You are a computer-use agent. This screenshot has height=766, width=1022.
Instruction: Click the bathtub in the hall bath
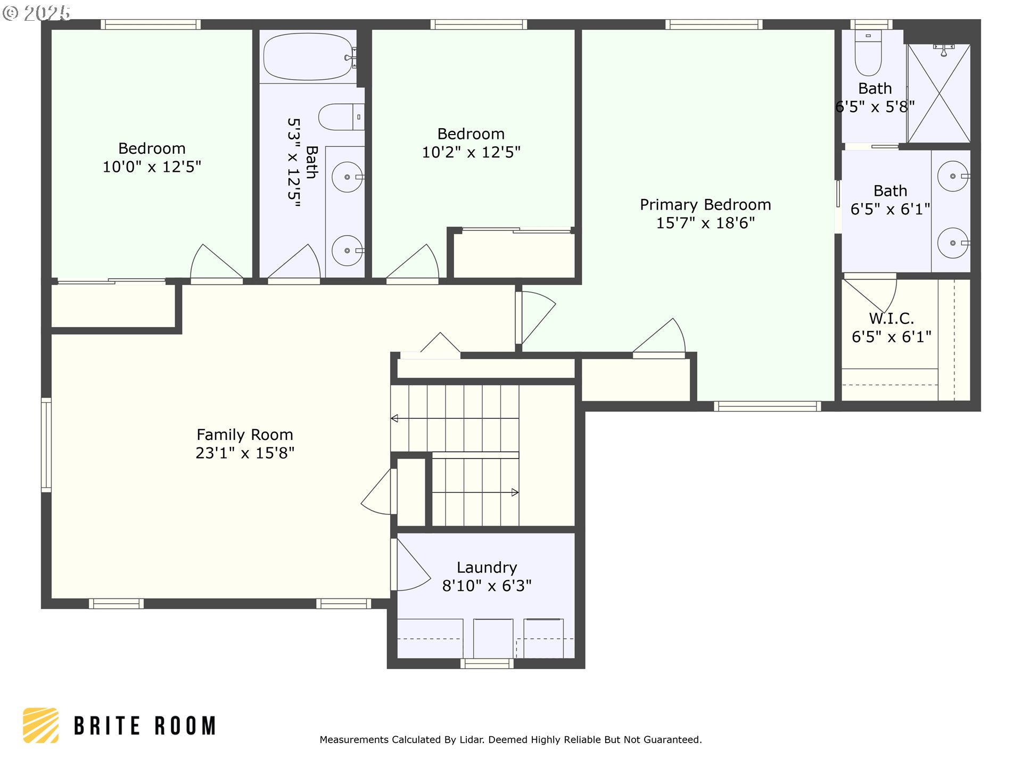308,56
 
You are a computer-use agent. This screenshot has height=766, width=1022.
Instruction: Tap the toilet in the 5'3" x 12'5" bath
341,117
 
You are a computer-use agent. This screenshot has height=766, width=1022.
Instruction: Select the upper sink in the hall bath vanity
348,177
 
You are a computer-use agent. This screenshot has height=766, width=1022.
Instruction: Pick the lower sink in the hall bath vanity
348,250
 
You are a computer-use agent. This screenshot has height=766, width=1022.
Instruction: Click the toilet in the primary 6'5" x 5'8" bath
868,53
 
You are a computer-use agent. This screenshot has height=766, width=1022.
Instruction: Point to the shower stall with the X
939,93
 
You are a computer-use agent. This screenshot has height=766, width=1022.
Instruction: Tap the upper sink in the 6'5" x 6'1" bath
953,176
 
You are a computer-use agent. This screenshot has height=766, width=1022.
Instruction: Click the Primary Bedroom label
705,205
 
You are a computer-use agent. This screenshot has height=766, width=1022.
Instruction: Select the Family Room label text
245,435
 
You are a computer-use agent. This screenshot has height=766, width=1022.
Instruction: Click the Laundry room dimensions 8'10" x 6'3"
487,586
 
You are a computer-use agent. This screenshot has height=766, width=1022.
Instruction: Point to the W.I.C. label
891,319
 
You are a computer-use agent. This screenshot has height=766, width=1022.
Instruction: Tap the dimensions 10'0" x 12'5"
152,167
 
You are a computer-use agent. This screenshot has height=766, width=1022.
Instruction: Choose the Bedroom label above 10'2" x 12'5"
471,134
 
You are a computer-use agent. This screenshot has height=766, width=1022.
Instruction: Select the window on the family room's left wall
46,445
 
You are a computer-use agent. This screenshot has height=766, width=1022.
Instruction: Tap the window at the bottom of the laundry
487,663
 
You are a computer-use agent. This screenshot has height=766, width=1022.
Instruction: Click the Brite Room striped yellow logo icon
41,725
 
